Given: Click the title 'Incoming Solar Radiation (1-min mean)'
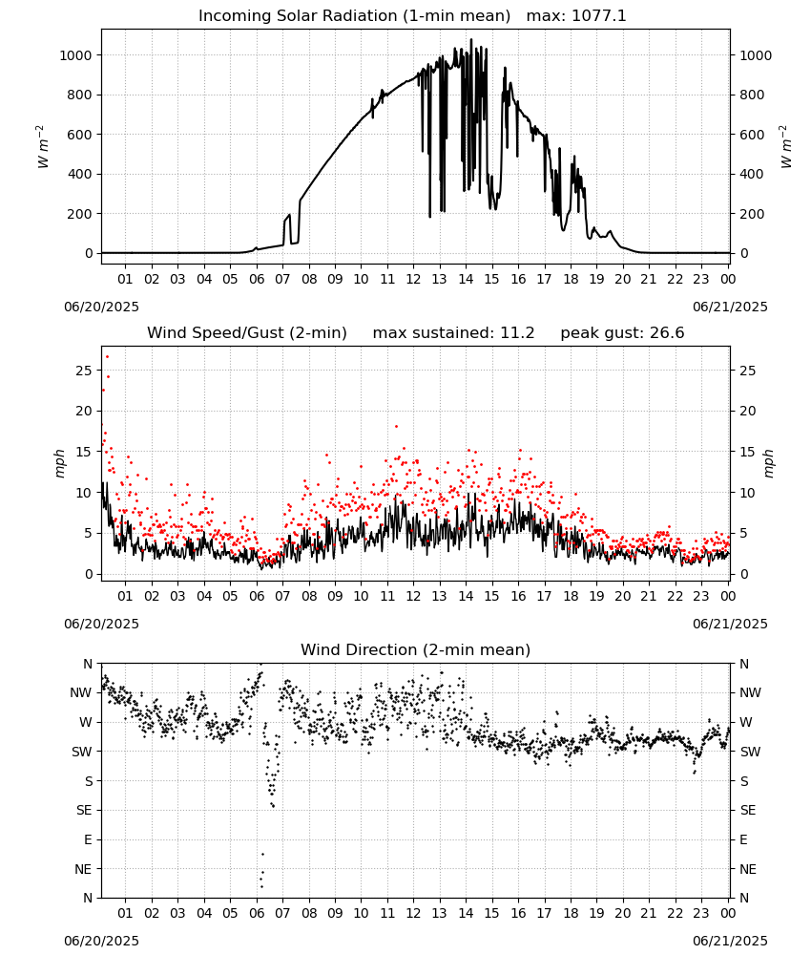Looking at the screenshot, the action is [x=354, y=16].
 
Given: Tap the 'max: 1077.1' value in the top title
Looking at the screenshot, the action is [x=575, y=16].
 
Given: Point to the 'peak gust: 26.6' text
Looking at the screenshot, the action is [x=622, y=333].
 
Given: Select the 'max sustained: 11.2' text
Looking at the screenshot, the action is [x=453, y=333].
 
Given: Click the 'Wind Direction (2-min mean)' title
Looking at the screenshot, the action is [x=416, y=649].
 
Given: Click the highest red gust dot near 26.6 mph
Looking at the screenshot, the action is [x=107, y=357].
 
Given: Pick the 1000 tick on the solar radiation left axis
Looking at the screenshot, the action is [x=76, y=55].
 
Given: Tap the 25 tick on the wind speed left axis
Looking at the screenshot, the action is [x=85, y=371].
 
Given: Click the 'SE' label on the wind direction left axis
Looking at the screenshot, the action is [x=85, y=810].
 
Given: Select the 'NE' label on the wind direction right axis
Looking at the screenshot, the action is [x=748, y=869].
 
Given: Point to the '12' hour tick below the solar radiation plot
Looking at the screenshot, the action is [x=413, y=279].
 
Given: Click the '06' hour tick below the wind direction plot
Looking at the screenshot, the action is [x=257, y=913].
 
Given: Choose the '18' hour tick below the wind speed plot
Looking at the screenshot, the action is [x=571, y=596].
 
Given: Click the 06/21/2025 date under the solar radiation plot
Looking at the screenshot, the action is [x=730, y=307].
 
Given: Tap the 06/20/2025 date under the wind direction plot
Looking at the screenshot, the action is [x=101, y=941].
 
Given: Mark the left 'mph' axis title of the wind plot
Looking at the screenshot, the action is [x=59, y=463].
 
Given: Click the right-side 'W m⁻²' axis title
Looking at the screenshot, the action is [x=785, y=147].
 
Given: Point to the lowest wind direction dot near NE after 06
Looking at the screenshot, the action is [x=261, y=886].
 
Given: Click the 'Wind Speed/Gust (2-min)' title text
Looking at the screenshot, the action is [x=247, y=333].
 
